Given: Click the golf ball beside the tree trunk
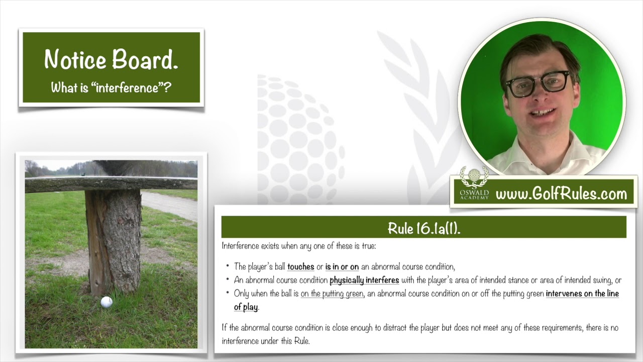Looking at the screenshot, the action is (x=106, y=302).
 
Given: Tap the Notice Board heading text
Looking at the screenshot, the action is (x=112, y=59).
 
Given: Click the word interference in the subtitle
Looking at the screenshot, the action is (x=128, y=87).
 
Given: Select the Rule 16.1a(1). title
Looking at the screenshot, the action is (x=423, y=228).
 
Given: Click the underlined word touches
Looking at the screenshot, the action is (x=300, y=266).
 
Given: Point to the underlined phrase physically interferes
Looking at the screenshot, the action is (x=364, y=280).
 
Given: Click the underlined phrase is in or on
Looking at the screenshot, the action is (x=342, y=266).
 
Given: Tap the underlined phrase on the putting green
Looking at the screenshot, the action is (x=333, y=294).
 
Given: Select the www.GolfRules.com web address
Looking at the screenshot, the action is (x=561, y=194).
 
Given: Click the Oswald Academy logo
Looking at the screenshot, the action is (x=474, y=184).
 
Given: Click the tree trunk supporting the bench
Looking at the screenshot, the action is (x=114, y=241).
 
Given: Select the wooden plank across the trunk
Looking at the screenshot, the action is (x=111, y=184).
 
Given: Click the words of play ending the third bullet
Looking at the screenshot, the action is (x=246, y=307).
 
